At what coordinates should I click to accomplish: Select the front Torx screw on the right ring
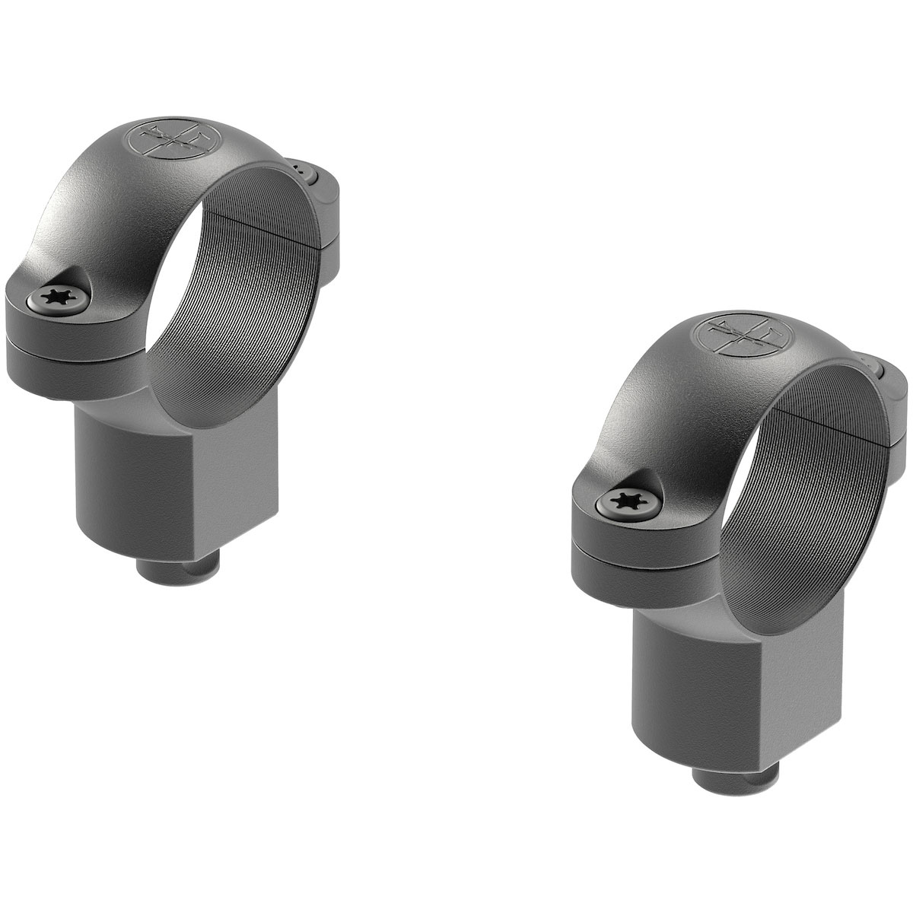click(x=624, y=499)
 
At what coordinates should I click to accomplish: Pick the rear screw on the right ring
click(x=873, y=370)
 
